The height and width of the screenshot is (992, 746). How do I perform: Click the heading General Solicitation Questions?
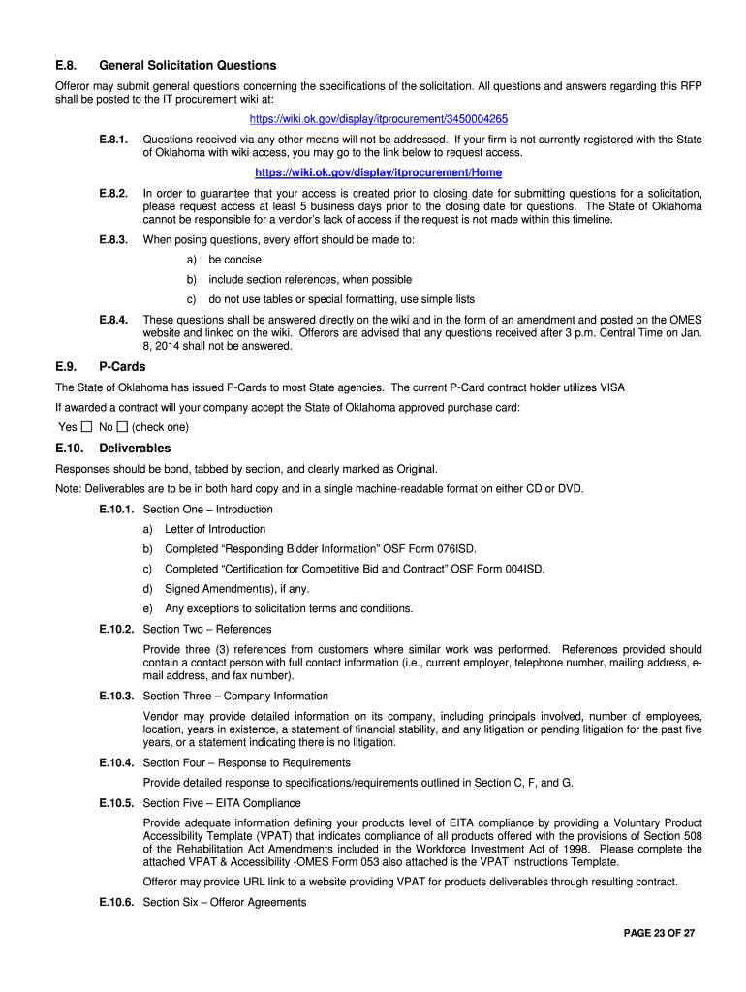(187, 66)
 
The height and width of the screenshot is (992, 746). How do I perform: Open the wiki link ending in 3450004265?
(378, 119)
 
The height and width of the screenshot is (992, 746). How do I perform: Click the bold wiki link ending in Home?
(378, 172)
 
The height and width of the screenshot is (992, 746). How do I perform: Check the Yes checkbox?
(86, 427)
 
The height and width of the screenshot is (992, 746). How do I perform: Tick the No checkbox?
(122, 427)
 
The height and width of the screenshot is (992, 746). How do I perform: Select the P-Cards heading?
(121, 368)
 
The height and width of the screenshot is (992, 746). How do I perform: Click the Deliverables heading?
(135, 449)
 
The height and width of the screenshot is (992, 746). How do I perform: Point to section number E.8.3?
(113, 239)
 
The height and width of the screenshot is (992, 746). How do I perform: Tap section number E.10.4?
(115, 763)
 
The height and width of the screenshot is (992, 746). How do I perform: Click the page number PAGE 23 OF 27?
(659, 933)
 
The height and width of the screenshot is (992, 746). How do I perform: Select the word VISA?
(611, 387)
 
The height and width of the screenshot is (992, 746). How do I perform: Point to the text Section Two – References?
(207, 630)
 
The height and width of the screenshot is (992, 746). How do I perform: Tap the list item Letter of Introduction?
(215, 529)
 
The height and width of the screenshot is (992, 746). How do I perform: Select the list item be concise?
(234, 260)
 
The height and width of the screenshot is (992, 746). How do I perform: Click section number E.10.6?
(115, 903)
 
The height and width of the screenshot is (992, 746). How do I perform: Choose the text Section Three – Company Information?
(235, 697)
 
